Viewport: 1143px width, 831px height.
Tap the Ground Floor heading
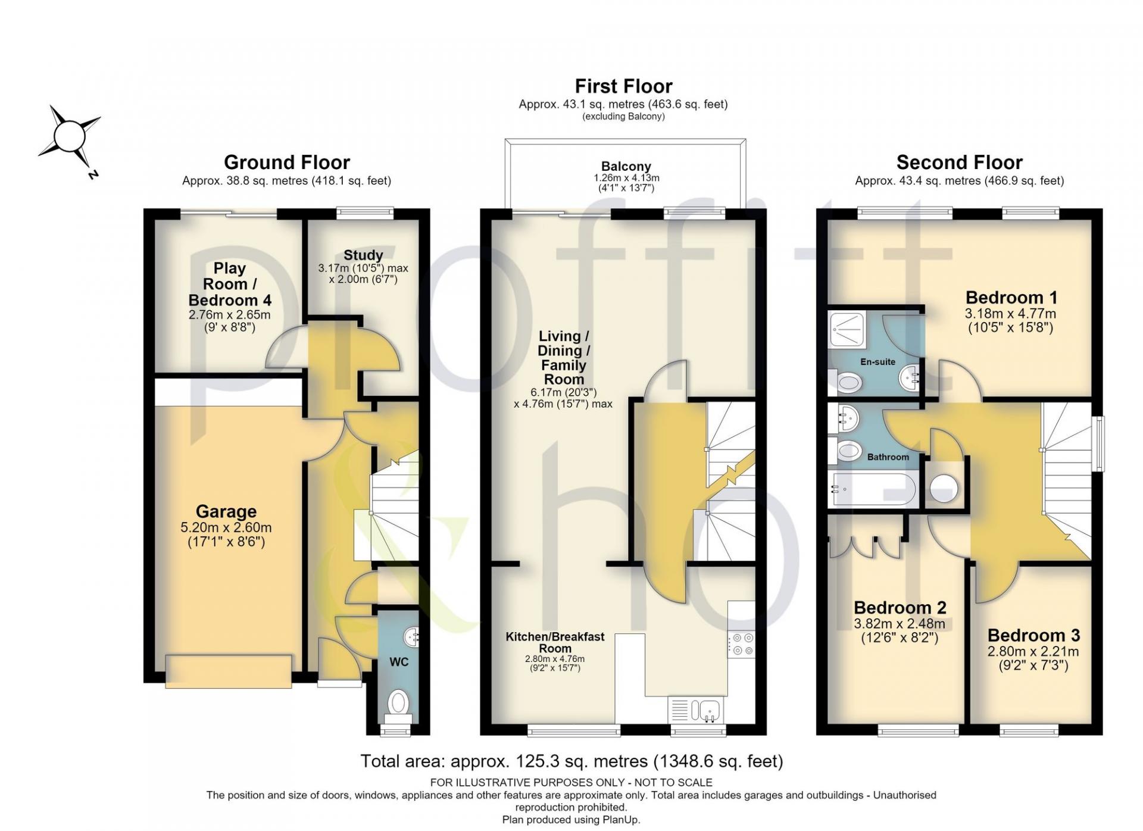287,162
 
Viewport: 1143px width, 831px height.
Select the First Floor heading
623,86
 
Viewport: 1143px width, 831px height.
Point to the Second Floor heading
959,162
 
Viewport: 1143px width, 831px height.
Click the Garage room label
226,511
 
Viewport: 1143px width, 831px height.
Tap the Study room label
363,255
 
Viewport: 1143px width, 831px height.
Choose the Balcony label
626,167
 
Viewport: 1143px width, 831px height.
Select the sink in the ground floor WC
411,637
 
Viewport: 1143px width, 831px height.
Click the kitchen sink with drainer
696,710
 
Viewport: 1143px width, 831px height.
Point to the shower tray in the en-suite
847,329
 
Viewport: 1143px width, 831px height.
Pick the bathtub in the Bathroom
873,489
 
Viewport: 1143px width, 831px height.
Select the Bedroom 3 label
1033,635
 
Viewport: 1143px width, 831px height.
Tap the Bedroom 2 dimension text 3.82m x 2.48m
900,624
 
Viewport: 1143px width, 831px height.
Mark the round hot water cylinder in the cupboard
944,488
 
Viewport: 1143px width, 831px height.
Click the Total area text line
571,761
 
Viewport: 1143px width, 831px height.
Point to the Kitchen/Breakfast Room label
555,642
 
